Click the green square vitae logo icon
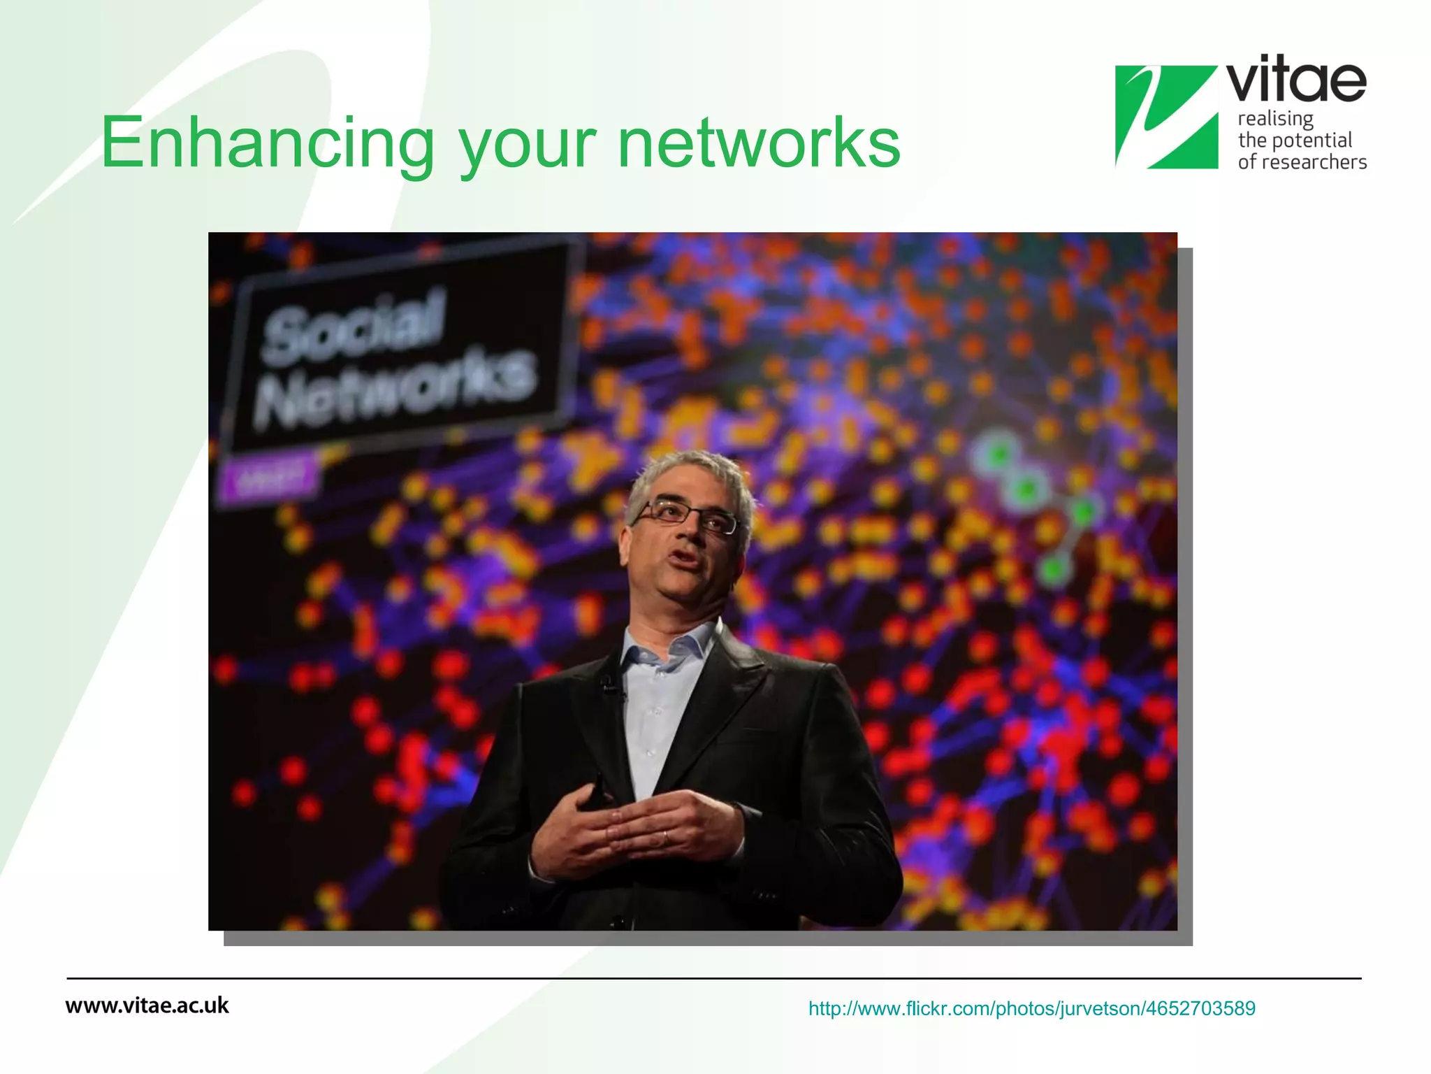(1165, 117)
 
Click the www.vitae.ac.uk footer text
(147, 1005)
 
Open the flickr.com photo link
(1031, 1008)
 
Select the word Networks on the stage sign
(395, 389)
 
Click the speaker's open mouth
(684, 557)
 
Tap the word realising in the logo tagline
(1275, 119)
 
